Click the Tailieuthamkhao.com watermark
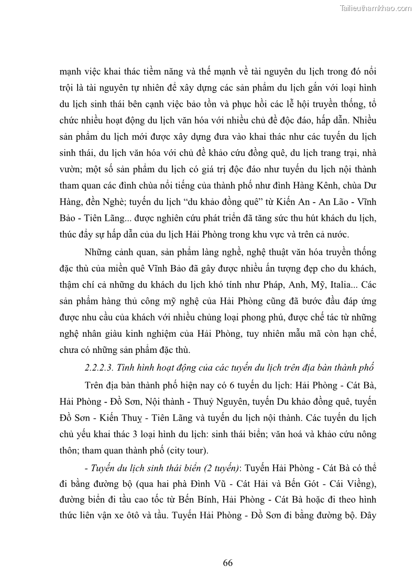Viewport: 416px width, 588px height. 376,8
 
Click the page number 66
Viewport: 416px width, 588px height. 227,563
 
